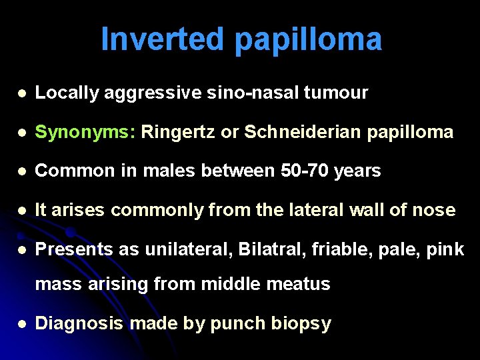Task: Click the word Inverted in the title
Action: pyautogui.click(x=162, y=40)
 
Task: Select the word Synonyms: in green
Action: pyautogui.click(x=85, y=132)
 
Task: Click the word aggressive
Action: pyautogui.click(x=151, y=93)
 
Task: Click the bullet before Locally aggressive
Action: pyautogui.click(x=23, y=93)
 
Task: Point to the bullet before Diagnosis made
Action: pyautogui.click(x=23, y=324)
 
